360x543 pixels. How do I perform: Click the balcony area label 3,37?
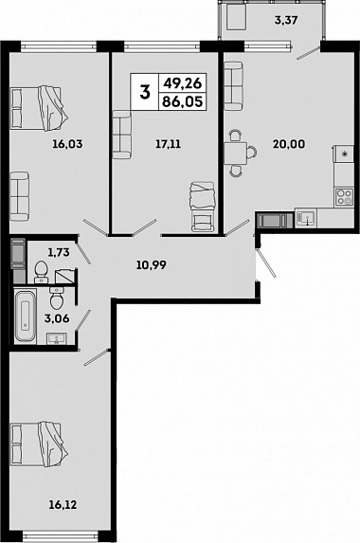[x=286, y=20]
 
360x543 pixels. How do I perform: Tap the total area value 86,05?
[x=183, y=101]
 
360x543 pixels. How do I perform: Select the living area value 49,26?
[x=183, y=83]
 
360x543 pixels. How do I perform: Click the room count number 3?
[x=145, y=93]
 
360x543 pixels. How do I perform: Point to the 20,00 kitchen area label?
[x=289, y=144]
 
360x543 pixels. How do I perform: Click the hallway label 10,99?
[x=152, y=265]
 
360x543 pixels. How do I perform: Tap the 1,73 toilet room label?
[x=59, y=252]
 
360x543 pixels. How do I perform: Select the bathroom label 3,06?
[x=57, y=317]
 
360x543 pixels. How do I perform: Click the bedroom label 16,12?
[x=63, y=505]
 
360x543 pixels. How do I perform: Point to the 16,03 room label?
[x=67, y=144]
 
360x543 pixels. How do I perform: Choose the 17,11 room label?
[x=168, y=144]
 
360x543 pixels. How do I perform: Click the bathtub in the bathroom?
[x=26, y=317]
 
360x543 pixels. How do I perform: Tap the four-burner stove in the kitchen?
[x=344, y=197]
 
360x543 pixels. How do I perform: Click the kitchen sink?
[x=306, y=218]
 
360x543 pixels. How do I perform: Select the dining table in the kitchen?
[x=235, y=153]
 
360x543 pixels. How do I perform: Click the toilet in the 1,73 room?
[x=42, y=271]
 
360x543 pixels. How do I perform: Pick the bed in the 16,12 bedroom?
[x=39, y=444]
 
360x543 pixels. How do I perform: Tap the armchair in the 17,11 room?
[x=202, y=207]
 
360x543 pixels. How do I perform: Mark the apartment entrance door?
[x=266, y=263]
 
